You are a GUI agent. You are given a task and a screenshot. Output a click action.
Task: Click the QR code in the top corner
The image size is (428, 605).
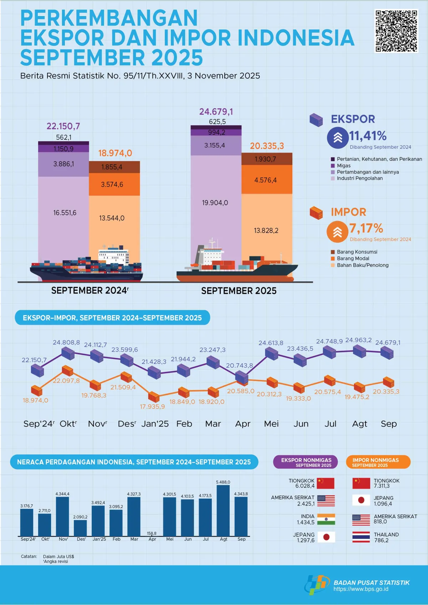point(396,31)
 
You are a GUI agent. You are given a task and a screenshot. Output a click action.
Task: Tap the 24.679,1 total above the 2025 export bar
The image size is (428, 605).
point(216,112)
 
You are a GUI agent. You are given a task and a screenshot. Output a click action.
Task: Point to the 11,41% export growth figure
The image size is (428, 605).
point(368,136)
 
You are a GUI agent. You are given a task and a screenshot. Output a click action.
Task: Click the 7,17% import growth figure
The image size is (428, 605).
point(366,228)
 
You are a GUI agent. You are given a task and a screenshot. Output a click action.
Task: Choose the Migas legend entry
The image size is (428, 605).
point(343,165)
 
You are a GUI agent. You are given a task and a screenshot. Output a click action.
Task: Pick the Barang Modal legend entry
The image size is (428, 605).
point(353,258)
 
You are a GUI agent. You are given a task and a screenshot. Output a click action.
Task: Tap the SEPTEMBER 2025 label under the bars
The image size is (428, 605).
point(239,291)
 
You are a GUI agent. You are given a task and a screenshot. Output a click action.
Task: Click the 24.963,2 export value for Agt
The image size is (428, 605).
point(358,340)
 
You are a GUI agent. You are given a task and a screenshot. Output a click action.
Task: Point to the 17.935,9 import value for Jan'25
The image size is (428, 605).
point(152,406)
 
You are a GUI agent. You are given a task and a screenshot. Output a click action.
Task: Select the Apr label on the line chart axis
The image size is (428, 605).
point(243,424)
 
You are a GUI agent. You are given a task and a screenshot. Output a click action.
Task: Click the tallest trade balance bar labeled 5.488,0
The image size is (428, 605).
point(223,510)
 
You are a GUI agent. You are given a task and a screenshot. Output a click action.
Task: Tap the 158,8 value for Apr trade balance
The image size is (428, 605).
point(152,533)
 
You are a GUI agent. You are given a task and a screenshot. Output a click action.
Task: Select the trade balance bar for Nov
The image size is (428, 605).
point(62,516)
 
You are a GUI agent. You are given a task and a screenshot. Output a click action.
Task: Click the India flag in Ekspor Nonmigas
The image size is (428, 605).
point(326,519)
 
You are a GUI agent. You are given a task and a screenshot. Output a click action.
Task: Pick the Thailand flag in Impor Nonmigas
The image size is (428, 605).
point(361,537)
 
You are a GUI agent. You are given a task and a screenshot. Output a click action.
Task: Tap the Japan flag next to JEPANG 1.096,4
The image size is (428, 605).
point(361,500)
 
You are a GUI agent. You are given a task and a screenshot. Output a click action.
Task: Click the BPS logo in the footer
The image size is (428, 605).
point(317,584)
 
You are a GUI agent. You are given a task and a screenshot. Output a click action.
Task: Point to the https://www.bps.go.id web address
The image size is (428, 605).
point(361,589)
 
